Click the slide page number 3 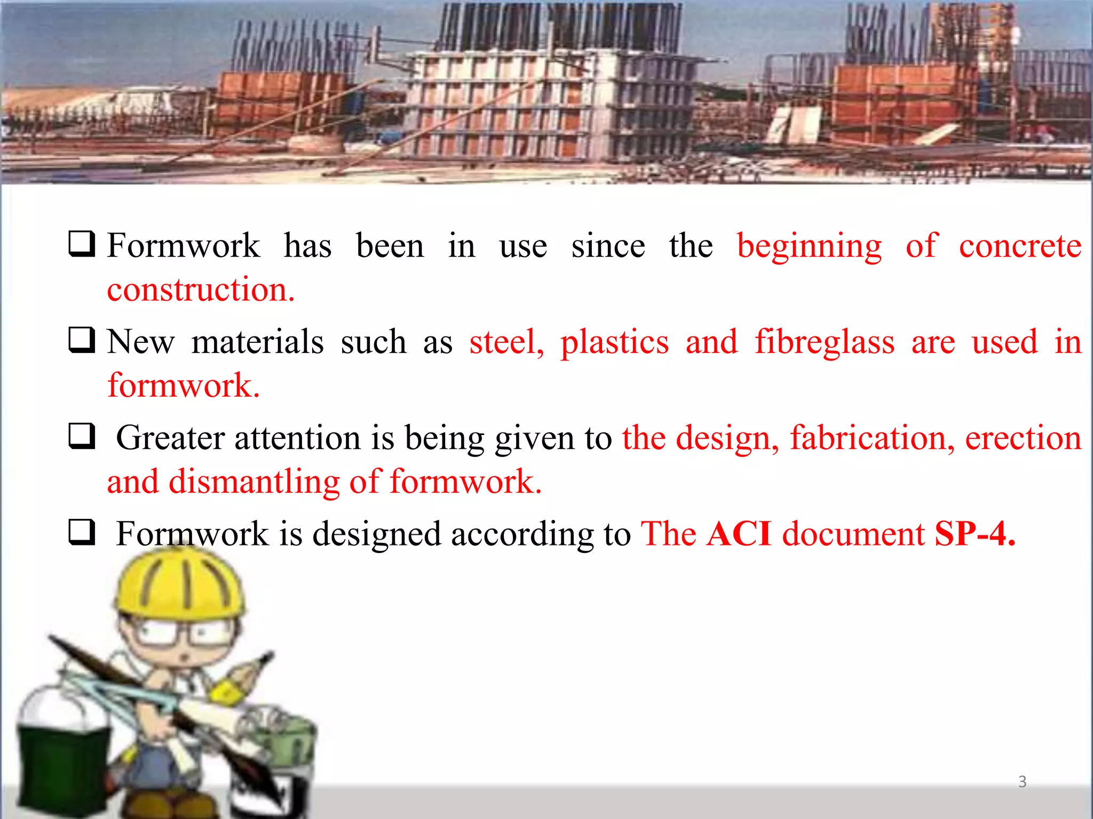click(1022, 782)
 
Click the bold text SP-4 click(975, 534)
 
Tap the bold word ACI click(739, 534)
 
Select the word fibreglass click(825, 342)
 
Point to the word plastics click(614, 342)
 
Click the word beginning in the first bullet click(809, 246)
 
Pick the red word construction click(201, 290)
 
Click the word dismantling click(254, 482)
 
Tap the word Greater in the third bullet click(170, 438)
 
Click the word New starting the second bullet click(140, 342)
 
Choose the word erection click(1023, 438)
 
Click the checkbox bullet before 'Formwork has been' click(82, 244)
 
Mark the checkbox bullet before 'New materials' click(82, 340)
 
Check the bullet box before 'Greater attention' click(82, 436)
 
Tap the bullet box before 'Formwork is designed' click(82, 532)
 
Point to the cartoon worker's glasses click(173, 635)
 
